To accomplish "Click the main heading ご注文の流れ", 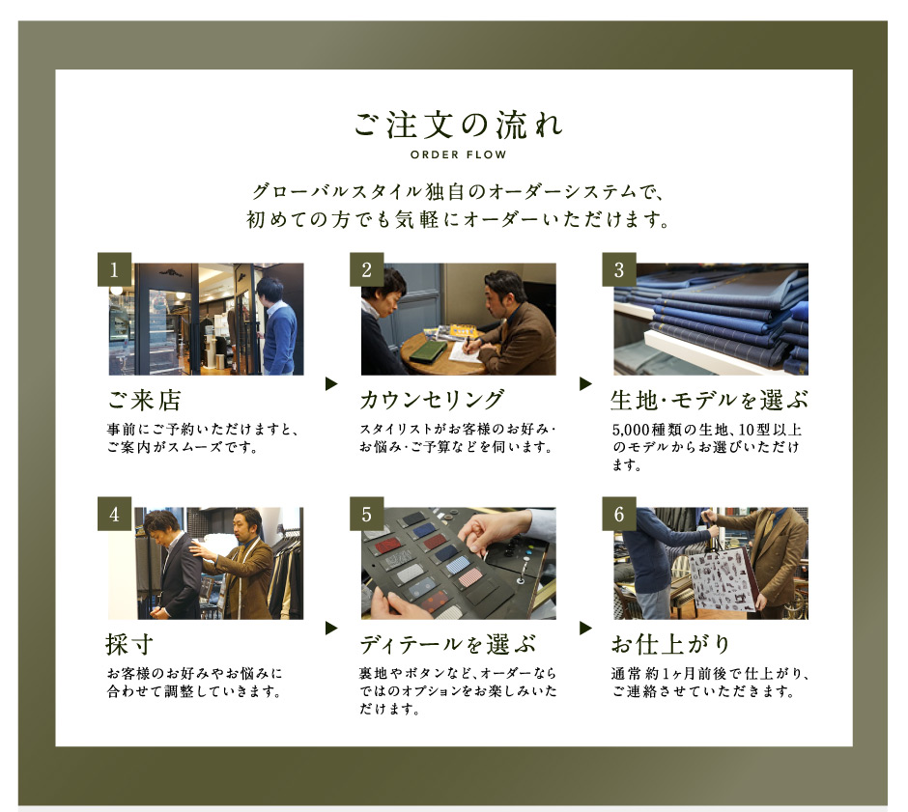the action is [x=458, y=125].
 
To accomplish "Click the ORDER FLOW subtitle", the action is [x=458, y=154].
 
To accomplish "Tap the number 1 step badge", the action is [x=114, y=269].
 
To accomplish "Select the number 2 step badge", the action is [x=366, y=269].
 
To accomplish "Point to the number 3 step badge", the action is [x=619, y=269].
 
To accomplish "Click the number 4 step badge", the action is [x=114, y=514].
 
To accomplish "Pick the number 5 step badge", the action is [x=366, y=514].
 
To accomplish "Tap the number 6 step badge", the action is [x=619, y=514].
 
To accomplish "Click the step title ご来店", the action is [x=144, y=400].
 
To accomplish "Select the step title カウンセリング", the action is [x=432, y=400].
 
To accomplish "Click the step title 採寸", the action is [x=129, y=644].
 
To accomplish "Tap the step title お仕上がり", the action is [x=670, y=644].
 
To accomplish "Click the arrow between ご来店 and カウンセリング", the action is [x=331, y=383].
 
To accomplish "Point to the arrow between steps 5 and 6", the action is [x=584, y=628].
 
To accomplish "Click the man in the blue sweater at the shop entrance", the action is [x=278, y=327].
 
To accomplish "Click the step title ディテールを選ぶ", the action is [x=447, y=644].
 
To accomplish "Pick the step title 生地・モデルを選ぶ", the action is [x=709, y=400].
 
